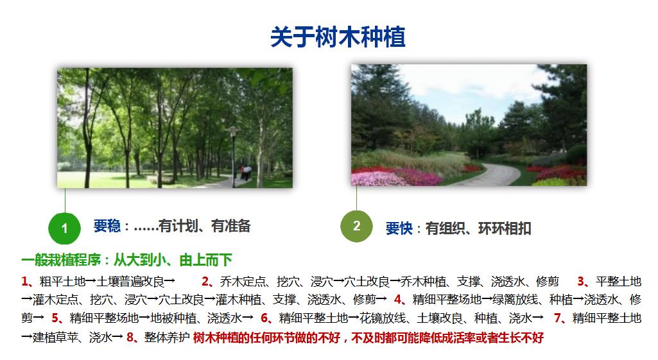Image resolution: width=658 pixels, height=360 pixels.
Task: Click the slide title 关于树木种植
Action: [338, 37]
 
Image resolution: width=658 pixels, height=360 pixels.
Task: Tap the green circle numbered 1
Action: [64, 228]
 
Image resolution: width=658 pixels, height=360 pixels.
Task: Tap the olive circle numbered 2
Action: [356, 226]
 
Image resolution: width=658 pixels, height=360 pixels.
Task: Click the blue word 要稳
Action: [107, 226]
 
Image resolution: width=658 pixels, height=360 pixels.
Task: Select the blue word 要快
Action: [399, 228]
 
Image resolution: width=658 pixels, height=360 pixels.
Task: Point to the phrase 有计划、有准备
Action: [204, 226]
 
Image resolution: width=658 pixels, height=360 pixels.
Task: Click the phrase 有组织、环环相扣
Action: [478, 228]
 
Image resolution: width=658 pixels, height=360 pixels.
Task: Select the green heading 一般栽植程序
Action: [61, 260]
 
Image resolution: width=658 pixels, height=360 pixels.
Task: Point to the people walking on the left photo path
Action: [245, 173]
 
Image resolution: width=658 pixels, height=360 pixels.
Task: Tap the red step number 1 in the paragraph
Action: [25, 281]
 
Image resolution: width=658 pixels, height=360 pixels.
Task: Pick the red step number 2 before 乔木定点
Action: [205, 281]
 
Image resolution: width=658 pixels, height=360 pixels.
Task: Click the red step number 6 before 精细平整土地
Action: [264, 318]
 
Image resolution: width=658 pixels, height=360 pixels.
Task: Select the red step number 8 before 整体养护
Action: [130, 337]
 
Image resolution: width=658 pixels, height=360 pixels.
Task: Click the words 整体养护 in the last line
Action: [167, 337]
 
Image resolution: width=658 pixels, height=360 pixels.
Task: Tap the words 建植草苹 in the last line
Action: [55, 337]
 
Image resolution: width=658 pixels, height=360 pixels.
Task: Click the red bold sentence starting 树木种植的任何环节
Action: [368, 338]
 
